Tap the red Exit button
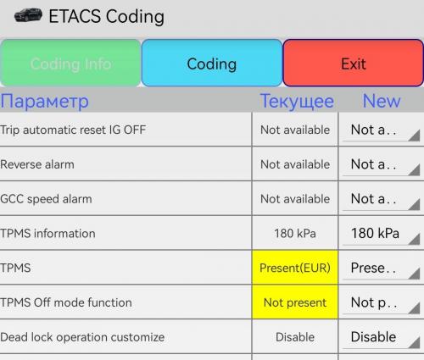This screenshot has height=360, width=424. coord(353,63)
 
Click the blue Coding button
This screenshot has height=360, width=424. coord(212,63)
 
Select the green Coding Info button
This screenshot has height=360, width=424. coord(70,63)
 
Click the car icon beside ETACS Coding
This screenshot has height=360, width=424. coord(28,15)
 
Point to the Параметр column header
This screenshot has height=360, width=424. coord(45,102)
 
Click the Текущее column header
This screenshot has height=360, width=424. coord(297,102)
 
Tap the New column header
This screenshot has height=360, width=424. coord(382,101)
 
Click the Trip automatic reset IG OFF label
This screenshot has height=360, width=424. coord(73,130)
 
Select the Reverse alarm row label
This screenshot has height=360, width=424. coord(37,164)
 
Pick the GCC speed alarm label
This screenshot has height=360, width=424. coord(46,199)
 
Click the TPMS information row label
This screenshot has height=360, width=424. coord(47,234)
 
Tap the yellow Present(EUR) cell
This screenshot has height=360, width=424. coord(295,268)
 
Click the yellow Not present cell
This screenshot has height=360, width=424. coord(295,302)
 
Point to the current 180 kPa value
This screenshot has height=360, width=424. coord(295,234)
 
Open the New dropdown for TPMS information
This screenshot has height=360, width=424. coord(381,234)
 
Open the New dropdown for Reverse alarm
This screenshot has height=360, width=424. coord(381,164)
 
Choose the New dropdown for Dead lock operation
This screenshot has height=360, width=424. coord(381,337)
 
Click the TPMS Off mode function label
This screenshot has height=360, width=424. coord(66,302)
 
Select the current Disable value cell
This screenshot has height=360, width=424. coord(295,337)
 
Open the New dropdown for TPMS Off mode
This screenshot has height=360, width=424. coord(381,302)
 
